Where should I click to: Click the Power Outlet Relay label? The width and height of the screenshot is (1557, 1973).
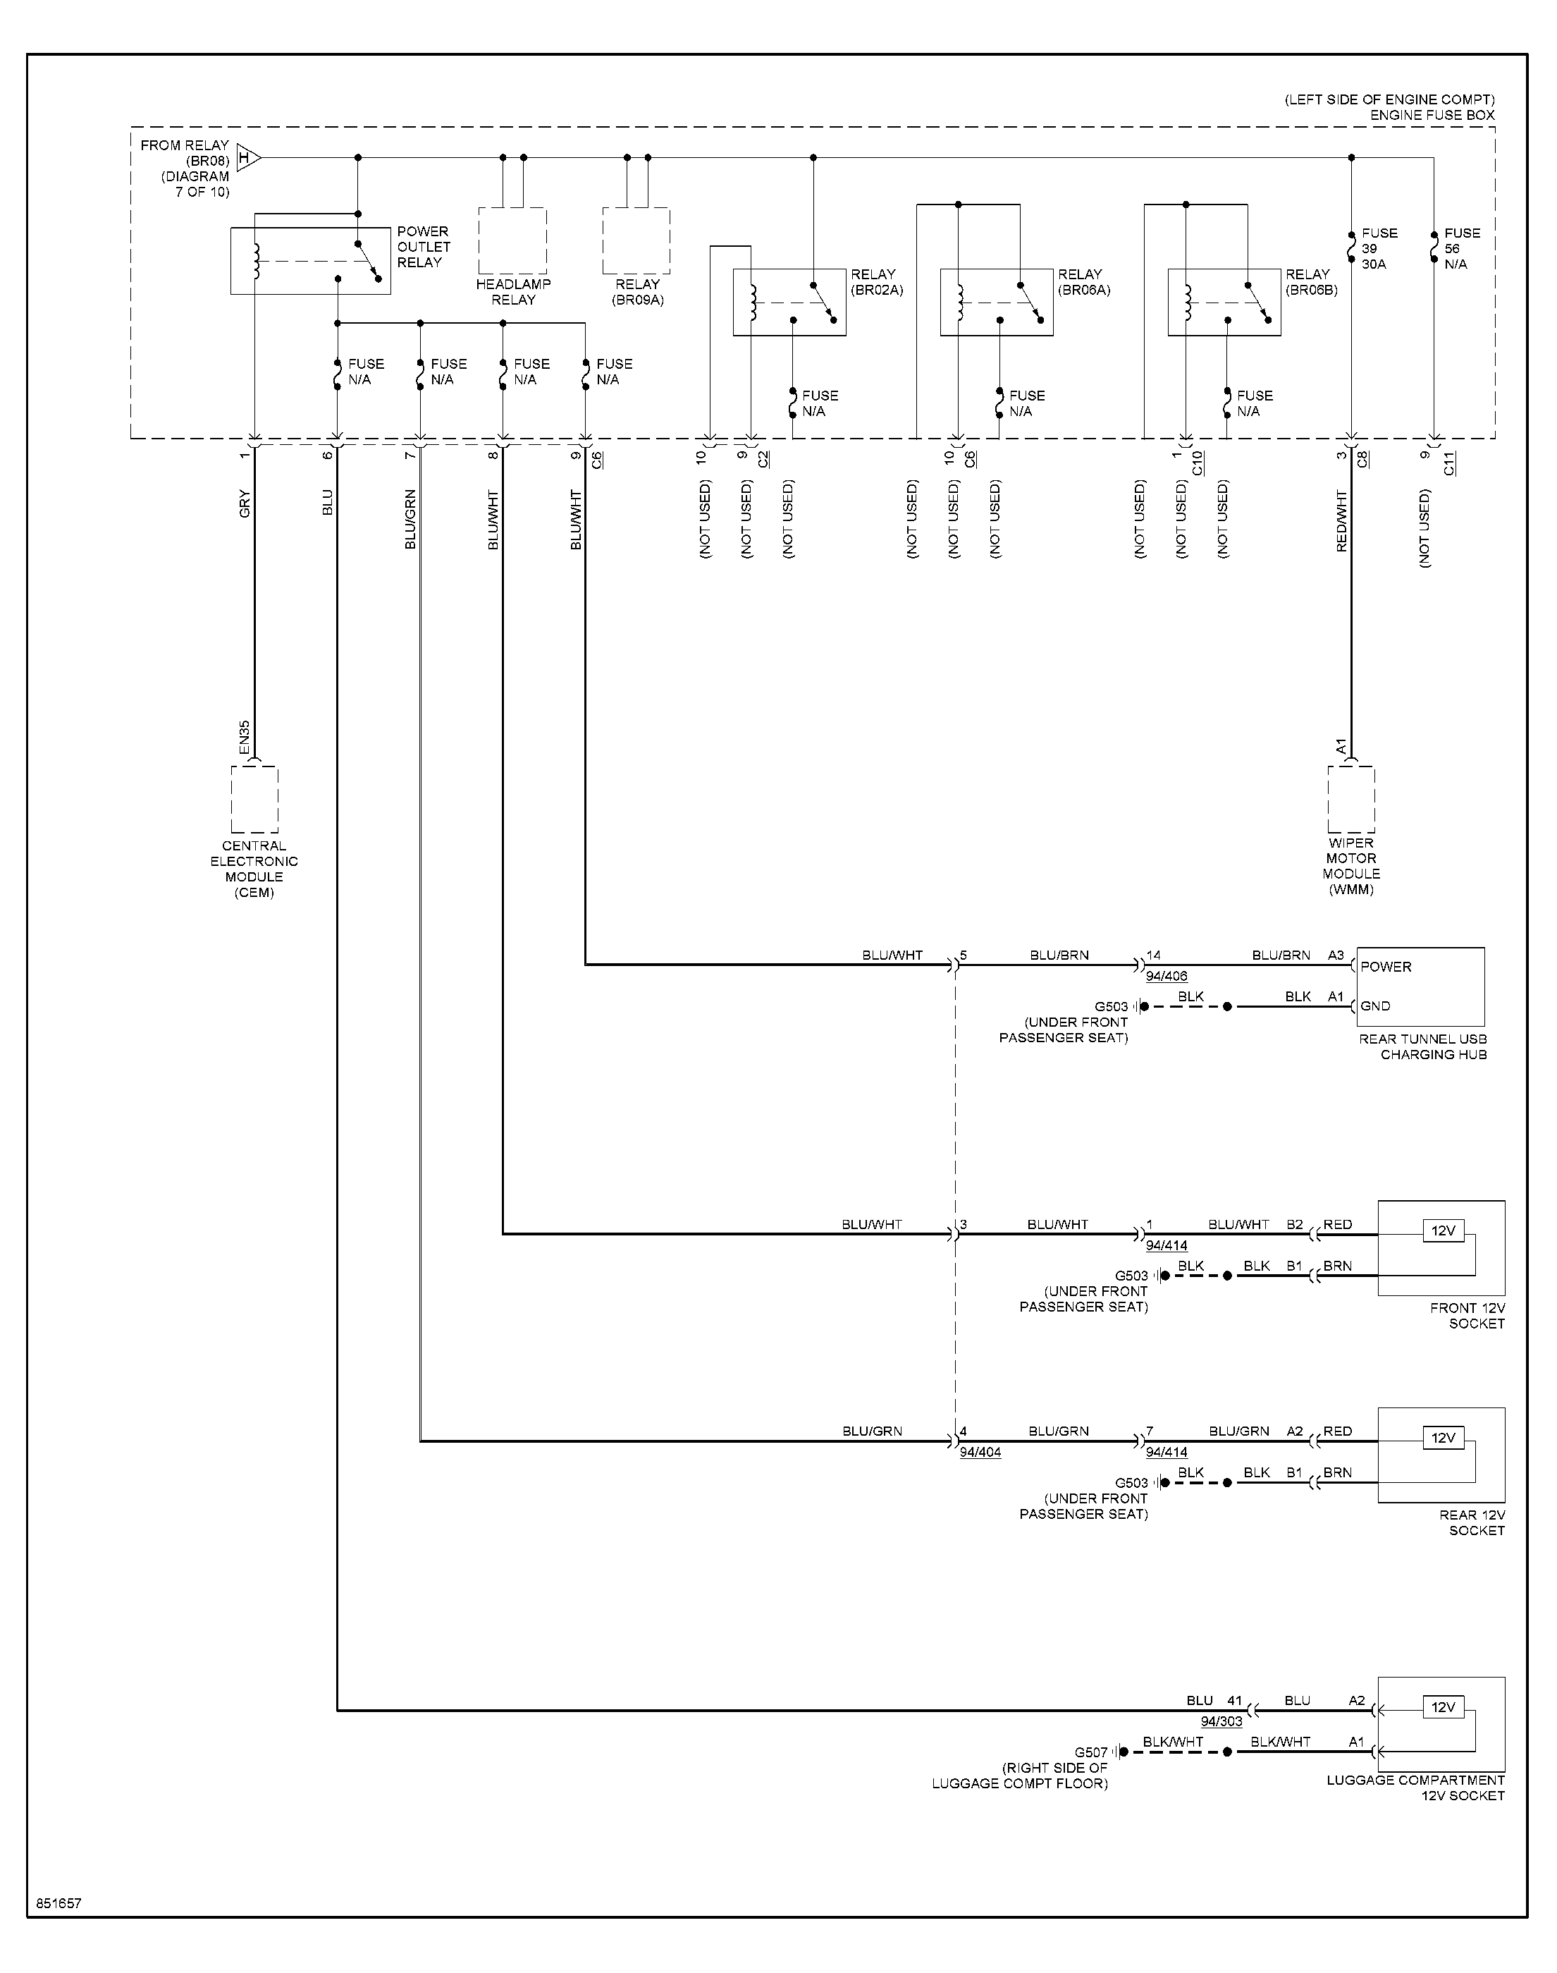[424, 247]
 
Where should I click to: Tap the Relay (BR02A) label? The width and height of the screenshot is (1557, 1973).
[877, 283]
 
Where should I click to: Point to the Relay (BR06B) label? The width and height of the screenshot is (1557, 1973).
[1312, 283]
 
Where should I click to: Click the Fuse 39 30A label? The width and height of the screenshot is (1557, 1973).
[1379, 249]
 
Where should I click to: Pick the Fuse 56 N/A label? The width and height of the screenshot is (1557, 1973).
[1462, 249]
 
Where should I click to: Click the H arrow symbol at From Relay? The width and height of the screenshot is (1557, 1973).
[249, 158]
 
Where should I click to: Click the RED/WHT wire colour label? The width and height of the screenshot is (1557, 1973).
[1341, 520]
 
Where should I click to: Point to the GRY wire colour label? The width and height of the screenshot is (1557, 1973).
[245, 504]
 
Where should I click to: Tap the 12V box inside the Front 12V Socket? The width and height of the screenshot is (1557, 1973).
[1443, 1231]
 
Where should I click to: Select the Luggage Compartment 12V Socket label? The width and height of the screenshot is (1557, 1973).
[1416, 1788]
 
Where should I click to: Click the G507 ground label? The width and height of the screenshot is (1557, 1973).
[1091, 1752]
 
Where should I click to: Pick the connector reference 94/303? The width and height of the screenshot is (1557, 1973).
[1221, 1721]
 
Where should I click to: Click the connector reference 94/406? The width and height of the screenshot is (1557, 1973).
[1167, 977]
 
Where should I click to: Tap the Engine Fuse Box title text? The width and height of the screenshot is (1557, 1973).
[1432, 115]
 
